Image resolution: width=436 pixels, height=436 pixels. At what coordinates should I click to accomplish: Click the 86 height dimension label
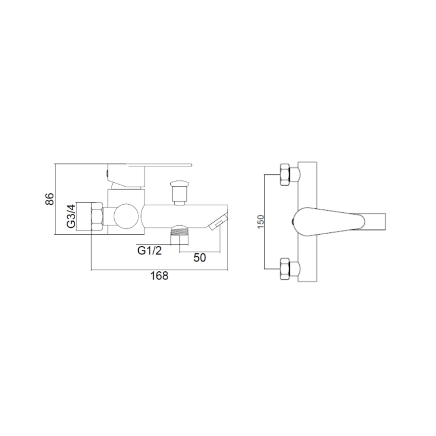click(x=50, y=199)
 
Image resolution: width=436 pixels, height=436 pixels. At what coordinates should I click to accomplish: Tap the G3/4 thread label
click(x=71, y=216)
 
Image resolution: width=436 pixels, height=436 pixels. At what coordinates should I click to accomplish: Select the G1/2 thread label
click(x=150, y=251)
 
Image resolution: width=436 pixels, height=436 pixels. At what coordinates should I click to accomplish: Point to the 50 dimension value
click(x=200, y=258)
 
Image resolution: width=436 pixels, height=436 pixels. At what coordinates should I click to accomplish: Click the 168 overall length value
click(x=159, y=276)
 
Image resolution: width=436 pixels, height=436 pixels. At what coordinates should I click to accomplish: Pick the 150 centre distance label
click(x=260, y=222)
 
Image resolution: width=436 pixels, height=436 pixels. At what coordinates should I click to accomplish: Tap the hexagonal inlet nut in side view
click(x=97, y=216)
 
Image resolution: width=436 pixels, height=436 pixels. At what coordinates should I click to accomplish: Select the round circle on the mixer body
click(x=126, y=216)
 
